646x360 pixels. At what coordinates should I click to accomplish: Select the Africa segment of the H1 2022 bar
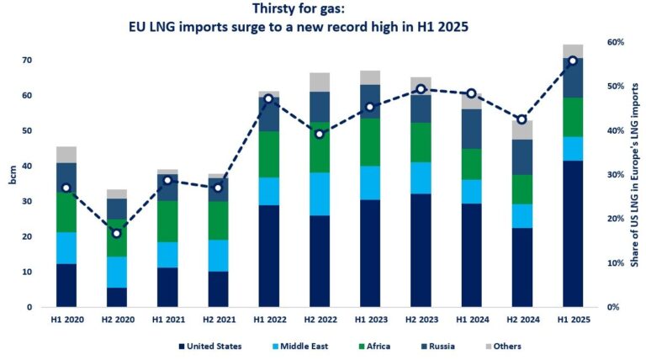click(269, 154)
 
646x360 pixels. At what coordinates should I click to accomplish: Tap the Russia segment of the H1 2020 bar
click(66, 177)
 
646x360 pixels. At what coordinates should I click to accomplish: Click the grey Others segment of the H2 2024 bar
click(522, 130)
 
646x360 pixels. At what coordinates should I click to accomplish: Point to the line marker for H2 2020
click(117, 233)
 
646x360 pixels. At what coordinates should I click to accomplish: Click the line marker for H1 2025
click(573, 61)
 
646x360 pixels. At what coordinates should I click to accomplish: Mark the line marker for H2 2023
click(421, 89)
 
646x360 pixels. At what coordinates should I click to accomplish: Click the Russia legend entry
click(428, 346)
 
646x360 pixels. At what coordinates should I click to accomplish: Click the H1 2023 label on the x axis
click(370, 320)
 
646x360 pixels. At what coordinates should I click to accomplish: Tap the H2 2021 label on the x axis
click(219, 320)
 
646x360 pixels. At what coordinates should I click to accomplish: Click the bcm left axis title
click(12, 176)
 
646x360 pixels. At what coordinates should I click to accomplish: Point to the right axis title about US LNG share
click(636, 175)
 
